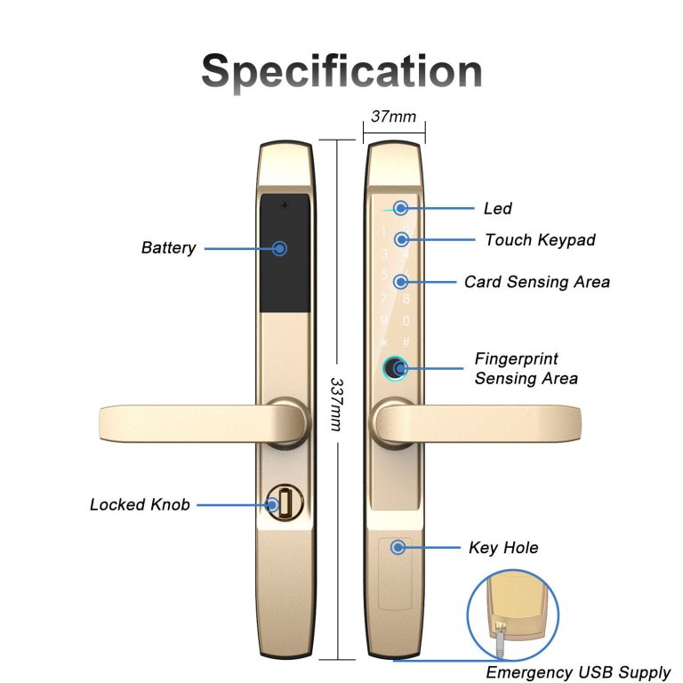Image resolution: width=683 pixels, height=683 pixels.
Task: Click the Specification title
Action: coord(341,72)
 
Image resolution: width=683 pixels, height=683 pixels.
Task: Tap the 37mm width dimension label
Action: coord(393,117)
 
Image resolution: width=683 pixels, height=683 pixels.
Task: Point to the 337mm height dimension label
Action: coord(336,405)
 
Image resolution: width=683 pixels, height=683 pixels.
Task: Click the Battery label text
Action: coord(169,248)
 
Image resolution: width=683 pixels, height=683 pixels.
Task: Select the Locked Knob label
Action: coord(140,504)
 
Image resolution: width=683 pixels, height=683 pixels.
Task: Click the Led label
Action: coord(497,209)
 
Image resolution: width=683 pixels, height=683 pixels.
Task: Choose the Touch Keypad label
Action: coord(540,240)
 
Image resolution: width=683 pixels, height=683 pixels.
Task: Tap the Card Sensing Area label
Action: coord(537,282)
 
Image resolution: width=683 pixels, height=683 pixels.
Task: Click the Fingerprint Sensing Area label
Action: coord(526,368)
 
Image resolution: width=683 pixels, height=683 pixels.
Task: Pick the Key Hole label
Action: coord(503,548)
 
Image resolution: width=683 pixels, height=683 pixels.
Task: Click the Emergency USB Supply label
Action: coord(578,673)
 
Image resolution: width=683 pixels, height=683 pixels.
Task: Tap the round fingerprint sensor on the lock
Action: coord(395,368)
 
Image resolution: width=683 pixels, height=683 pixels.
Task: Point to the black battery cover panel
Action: coord(285,253)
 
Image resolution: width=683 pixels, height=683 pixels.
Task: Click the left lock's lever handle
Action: coord(204,424)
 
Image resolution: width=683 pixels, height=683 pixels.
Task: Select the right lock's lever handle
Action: coord(476,424)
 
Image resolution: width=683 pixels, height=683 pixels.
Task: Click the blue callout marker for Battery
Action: coord(279,249)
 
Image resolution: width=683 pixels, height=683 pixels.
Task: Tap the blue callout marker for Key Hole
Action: coord(398,548)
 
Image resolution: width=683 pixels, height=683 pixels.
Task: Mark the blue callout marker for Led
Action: coord(401,208)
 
